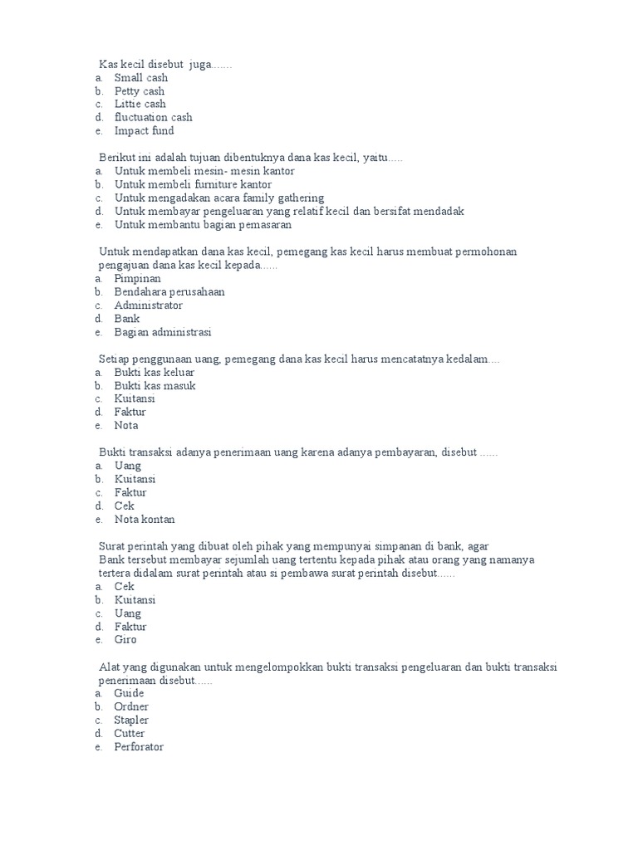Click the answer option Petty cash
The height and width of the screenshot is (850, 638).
(x=140, y=90)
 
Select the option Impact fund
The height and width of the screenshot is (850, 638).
(x=145, y=130)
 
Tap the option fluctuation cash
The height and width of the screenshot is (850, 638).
(x=154, y=117)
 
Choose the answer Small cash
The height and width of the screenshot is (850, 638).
(x=141, y=77)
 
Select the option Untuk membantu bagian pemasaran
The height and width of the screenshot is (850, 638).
(x=204, y=224)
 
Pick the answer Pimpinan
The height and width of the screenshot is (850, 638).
(x=138, y=279)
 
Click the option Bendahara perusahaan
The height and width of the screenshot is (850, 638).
(x=169, y=292)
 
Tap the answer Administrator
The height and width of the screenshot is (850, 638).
(x=149, y=305)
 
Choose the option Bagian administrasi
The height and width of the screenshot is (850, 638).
(x=163, y=332)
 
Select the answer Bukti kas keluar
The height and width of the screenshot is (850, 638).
(x=155, y=373)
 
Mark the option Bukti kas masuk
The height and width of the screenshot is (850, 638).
(x=155, y=386)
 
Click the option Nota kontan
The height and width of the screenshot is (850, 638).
(x=145, y=520)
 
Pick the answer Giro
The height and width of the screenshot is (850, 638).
(x=125, y=640)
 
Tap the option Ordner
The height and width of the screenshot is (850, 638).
(x=131, y=706)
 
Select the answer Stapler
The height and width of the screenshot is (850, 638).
(x=132, y=720)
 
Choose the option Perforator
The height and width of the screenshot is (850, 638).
(x=140, y=747)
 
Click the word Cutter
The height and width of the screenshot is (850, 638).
(x=130, y=734)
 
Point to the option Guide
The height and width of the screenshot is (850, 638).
(x=130, y=693)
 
